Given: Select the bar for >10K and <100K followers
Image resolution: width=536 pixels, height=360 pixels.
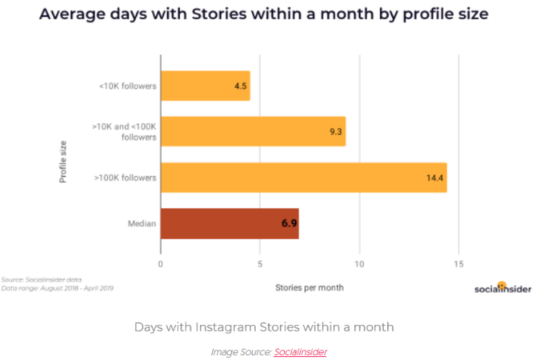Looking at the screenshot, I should pos(253,130).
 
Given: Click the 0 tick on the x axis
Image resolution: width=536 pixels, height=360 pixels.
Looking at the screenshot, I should pos(161,264).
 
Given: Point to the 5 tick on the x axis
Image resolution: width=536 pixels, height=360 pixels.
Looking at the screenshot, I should pos(260,264).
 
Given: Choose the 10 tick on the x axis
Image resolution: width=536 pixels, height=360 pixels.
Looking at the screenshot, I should pos(359,264).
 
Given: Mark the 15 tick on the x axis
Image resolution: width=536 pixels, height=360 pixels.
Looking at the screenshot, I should pos(458,264).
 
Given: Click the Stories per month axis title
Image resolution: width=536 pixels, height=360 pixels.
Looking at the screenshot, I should pos(309,286).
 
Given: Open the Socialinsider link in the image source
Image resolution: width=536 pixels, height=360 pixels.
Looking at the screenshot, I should pos(300,351).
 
